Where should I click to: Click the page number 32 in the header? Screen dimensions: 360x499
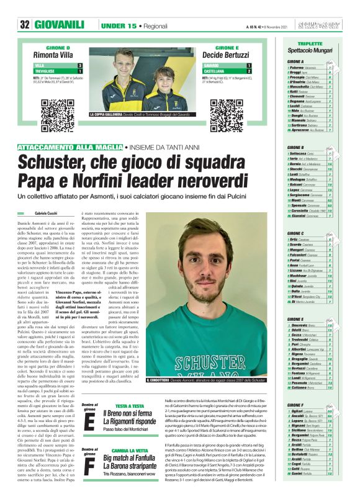[x=25, y=25]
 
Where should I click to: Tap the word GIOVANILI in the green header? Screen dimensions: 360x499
[x=59, y=25]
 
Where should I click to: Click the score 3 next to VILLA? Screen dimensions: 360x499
[x=80, y=65]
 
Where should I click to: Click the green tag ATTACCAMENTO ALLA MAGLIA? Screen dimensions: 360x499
[x=70, y=146]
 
